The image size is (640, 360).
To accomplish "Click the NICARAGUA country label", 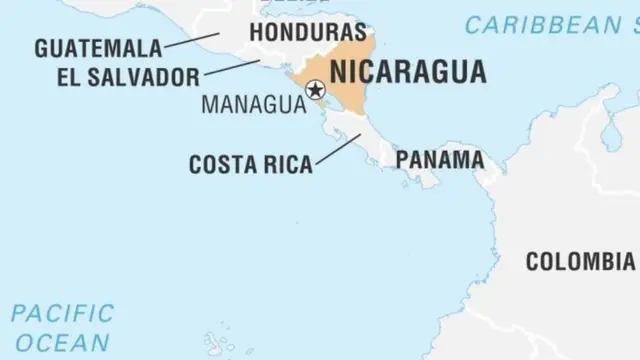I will click(x=408, y=72).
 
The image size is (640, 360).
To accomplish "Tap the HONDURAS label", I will click(x=307, y=32).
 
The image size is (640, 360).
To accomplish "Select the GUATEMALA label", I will click(x=97, y=47).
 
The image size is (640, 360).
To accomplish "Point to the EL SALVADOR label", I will click(x=114, y=76).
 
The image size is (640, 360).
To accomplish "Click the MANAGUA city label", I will click(x=253, y=103).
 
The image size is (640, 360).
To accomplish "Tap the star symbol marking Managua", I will click(x=316, y=91).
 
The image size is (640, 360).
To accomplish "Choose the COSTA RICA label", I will click(x=250, y=164).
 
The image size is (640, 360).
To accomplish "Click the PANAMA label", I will click(x=440, y=159).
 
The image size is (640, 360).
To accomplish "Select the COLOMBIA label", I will click(x=580, y=262).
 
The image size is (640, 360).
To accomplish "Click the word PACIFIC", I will click(x=63, y=313).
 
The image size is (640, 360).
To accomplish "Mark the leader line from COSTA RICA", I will click(x=338, y=148).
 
